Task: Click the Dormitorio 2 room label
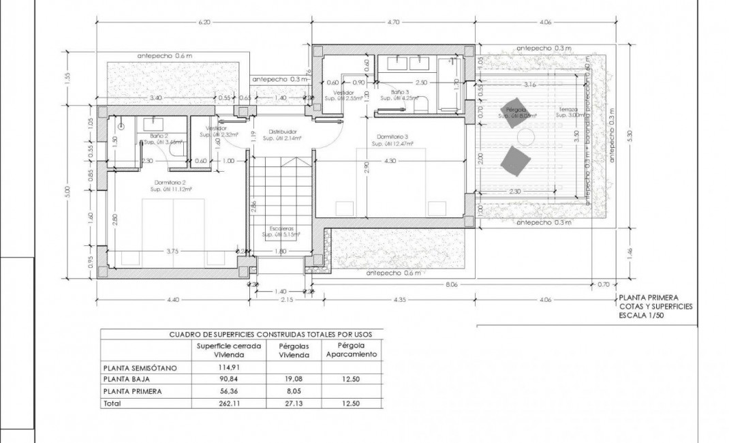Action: tap(171, 183)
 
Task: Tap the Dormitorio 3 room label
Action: tap(390, 136)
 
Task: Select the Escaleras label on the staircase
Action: tap(281, 228)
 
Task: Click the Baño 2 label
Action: tap(158, 136)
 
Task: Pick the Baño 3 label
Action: tap(401, 92)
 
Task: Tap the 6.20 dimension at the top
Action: tap(203, 22)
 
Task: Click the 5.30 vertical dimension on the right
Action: tap(630, 136)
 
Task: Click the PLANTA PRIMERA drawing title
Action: tap(648, 298)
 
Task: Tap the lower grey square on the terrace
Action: tap(516, 161)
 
